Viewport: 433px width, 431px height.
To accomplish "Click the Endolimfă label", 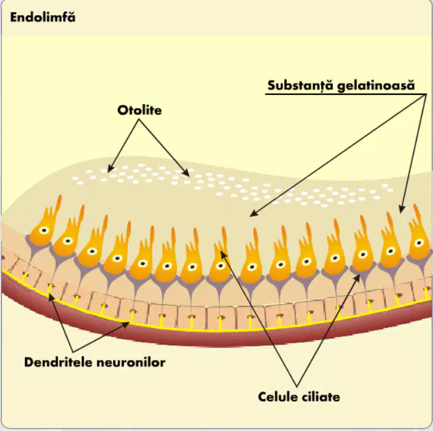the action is (x=43, y=17).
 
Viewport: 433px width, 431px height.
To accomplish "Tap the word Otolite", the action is (x=139, y=110).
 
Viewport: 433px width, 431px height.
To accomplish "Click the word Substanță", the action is (x=301, y=85).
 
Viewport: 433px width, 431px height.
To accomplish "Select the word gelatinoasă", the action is (x=376, y=86).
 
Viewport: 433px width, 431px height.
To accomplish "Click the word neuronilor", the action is (x=131, y=362).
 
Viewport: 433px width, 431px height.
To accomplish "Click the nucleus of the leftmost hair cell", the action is (x=44, y=230).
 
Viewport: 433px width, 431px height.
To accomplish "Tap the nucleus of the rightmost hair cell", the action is (x=419, y=243).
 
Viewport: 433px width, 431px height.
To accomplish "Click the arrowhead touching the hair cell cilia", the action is (x=224, y=254).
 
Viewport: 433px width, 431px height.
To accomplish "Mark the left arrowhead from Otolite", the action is (x=110, y=168).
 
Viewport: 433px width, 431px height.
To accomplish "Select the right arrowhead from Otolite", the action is (x=186, y=173).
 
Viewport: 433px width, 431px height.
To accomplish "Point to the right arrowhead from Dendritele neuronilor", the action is (x=126, y=324).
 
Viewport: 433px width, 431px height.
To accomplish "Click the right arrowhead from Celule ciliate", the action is (x=357, y=278).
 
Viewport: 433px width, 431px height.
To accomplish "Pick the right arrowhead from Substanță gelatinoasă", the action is (x=402, y=208).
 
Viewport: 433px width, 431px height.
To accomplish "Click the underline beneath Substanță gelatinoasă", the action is (x=346, y=94).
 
